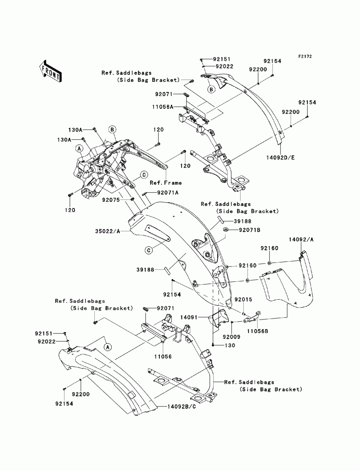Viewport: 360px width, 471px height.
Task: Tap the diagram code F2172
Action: pos(305,56)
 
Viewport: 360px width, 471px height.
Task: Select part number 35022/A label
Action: pos(108,231)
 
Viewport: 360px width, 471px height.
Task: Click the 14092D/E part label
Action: pos(280,158)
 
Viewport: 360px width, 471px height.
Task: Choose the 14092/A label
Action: pos(301,240)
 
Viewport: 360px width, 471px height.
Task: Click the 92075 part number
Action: pos(111,200)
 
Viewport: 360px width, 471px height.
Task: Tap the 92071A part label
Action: pos(168,193)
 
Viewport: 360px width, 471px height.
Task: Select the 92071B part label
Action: pos(250,230)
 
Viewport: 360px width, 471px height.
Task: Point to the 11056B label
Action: pos(257,331)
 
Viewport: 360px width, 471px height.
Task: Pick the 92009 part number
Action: pos(231,337)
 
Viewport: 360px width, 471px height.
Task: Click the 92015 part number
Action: pos(243,299)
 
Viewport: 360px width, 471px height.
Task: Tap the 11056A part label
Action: pos(163,107)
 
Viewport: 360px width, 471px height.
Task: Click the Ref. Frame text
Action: pos(166,183)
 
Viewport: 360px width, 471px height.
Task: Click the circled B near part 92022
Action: pos(211,89)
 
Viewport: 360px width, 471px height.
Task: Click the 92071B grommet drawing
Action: pos(226,230)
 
